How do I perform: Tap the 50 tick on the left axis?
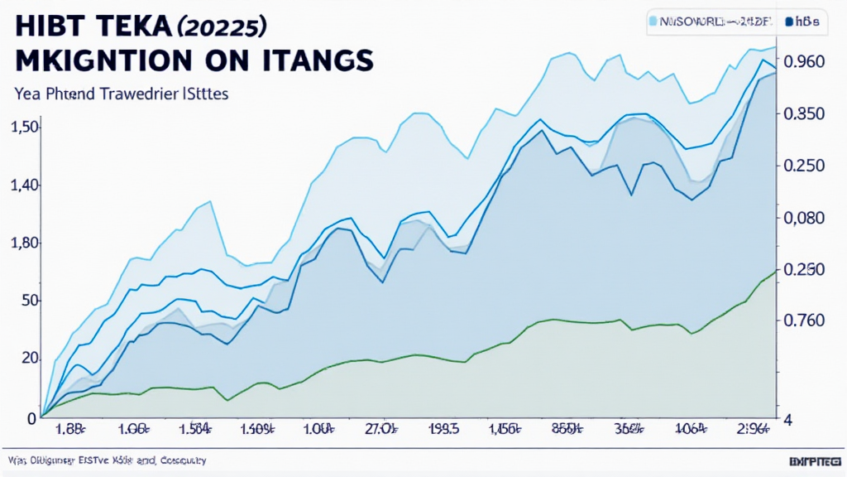pos(29,301)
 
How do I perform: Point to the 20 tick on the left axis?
pos(29,359)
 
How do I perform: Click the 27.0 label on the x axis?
pos(381,429)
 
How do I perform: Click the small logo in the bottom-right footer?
pos(815,460)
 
